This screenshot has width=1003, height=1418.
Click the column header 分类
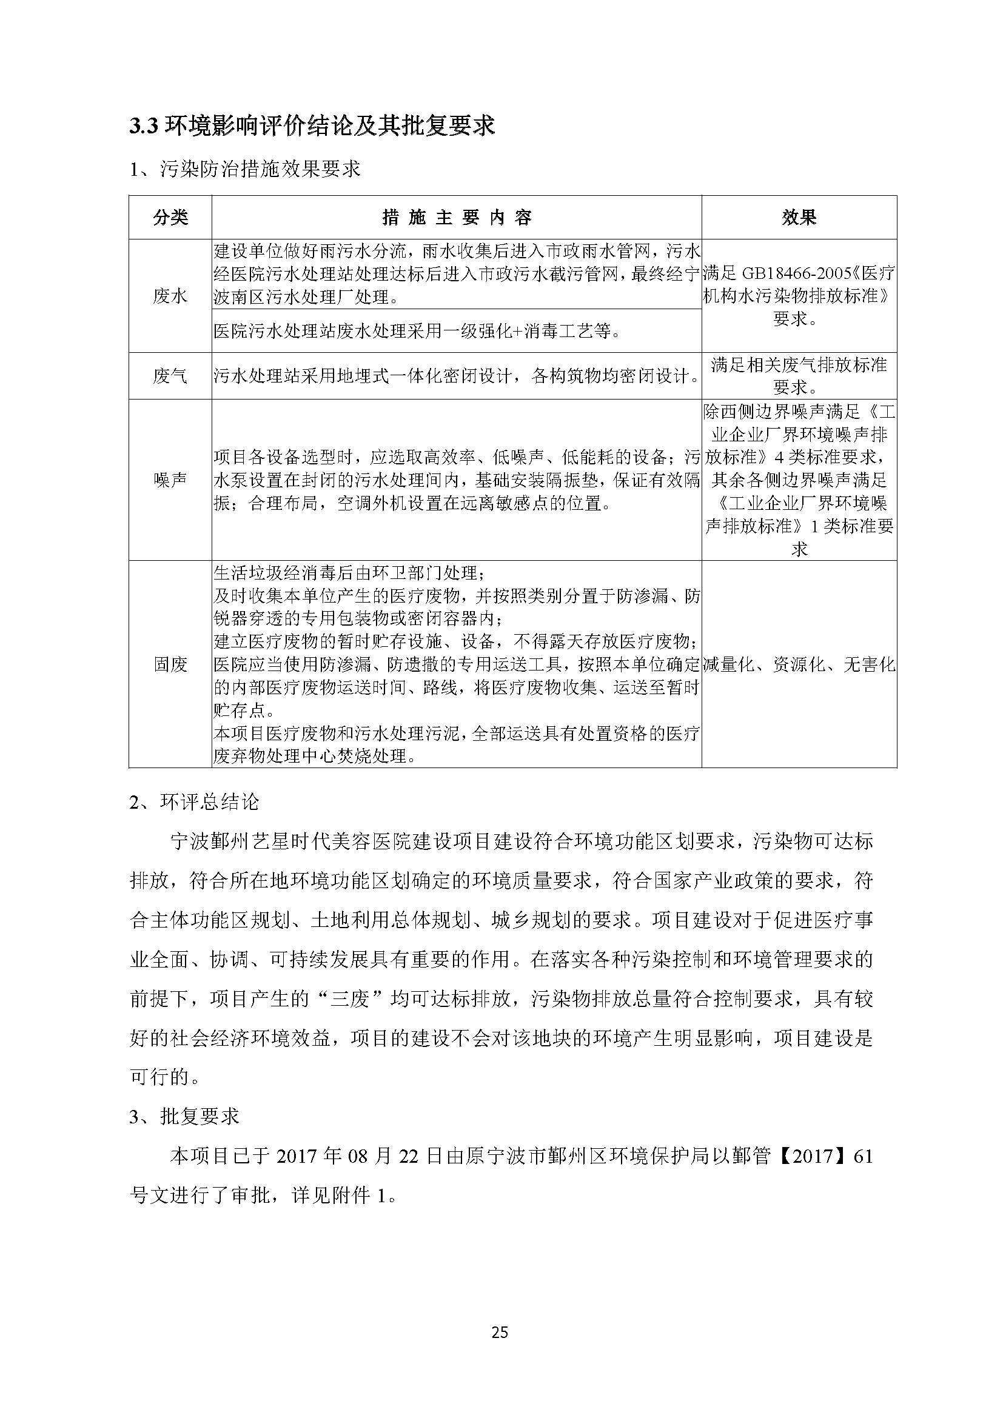(x=170, y=218)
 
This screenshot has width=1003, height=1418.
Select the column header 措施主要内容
(x=457, y=218)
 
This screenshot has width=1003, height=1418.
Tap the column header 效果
(x=799, y=218)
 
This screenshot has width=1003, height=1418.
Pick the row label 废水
(x=170, y=296)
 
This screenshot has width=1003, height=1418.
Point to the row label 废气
(x=170, y=376)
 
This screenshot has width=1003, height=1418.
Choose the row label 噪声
(x=170, y=480)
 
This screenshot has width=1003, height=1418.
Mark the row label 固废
(x=170, y=664)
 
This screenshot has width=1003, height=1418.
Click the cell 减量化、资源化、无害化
(x=799, y=664)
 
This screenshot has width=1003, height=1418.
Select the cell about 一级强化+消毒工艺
(x=417, y=332)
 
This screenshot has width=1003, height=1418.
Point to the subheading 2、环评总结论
(x=194, y=802)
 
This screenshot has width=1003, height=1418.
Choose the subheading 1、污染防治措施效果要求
(x=244, y=169)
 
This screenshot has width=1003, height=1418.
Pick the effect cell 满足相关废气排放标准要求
(x=799, y=376)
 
